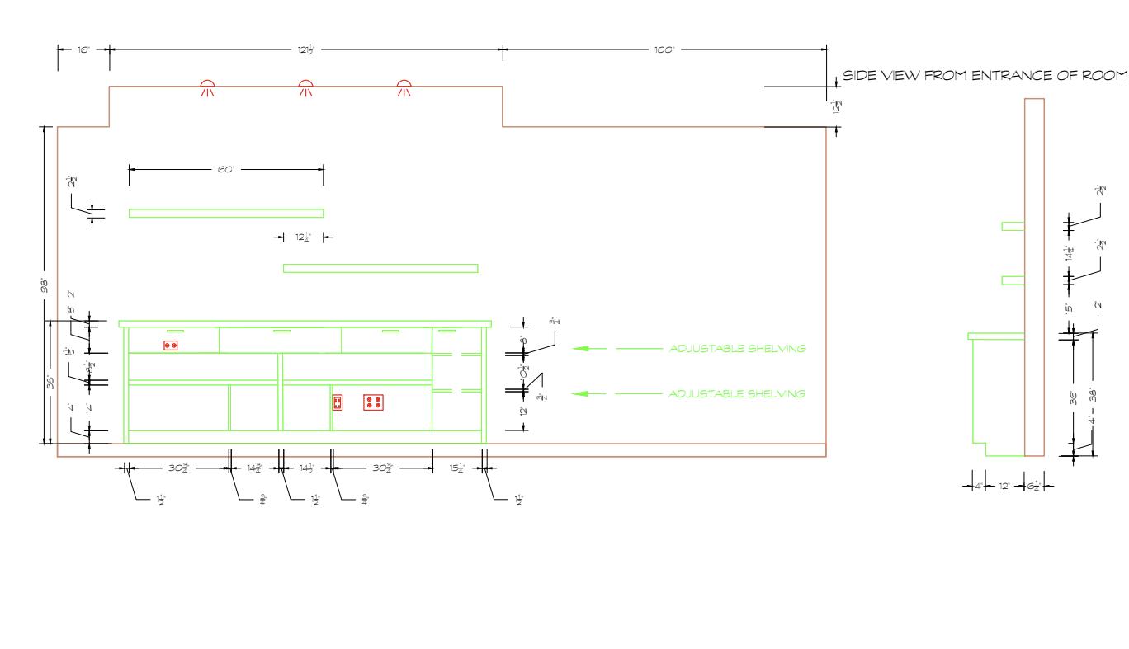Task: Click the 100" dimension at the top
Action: click(x=664, y=50)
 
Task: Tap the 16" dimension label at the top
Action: click(x=83, y=50)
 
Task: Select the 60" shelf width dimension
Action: click(x=226, y=169)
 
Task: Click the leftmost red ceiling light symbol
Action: click(x=208, y=86)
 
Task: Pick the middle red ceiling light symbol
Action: click(x=305, y=86)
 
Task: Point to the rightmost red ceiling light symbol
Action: click(x=403, y=86)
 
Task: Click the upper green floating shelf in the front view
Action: click(x=225, y=213)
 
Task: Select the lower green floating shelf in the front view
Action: click(x=380, y=268)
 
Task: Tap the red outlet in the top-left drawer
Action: click(x=171, y=346)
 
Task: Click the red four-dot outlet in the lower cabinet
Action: click(x=373, y=402)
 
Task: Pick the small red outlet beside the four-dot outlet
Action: click(x=338, y=402)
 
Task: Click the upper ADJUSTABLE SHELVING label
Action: click(x=737, y=349)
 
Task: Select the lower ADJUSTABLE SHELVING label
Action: click(x=737, y=394)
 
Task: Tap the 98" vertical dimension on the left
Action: click(x=45, y=285)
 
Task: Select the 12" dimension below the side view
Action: click(x=1004, y=486)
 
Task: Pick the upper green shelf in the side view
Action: click(x=1013, y=226)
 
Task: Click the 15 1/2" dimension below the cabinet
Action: click(x=457, y=468)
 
